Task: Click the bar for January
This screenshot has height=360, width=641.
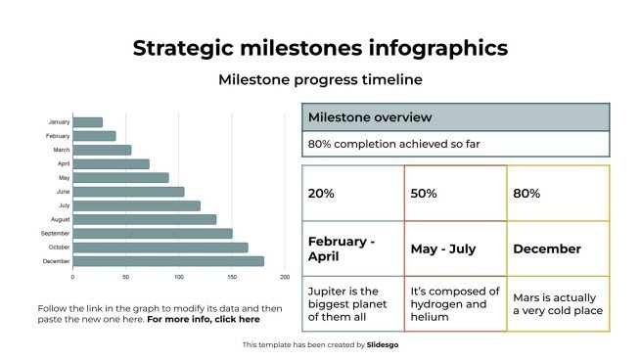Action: point(87,122)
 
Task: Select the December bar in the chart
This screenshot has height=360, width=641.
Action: point(167,261)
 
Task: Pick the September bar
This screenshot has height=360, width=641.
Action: point(152,234)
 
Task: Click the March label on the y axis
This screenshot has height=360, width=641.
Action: point(61,150)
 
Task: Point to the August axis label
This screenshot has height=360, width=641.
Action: point(59,219)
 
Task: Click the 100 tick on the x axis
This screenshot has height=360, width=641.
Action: point(178,279)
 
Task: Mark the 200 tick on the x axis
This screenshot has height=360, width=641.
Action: point(285,279)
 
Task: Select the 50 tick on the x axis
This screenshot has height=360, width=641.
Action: point(125,279)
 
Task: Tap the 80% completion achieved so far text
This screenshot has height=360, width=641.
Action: point(393,145)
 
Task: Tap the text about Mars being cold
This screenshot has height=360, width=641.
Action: point(558,304)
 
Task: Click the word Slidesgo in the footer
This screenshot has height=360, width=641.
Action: point(382,344)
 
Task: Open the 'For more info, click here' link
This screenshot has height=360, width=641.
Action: point(204,319)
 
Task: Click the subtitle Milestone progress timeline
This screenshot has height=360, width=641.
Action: point(320,79)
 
